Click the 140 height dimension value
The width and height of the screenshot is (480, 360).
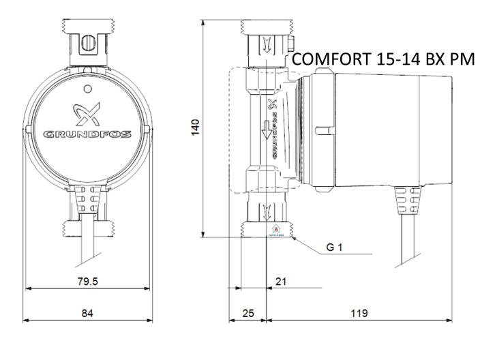point(195,127)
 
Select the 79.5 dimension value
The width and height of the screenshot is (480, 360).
point(87,282)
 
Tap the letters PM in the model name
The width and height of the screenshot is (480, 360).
point(462,60)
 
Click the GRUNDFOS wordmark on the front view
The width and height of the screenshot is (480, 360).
point(87,133)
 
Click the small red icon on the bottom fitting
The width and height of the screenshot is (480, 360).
point(276,230)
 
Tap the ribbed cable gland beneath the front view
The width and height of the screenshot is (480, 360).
point(87,202)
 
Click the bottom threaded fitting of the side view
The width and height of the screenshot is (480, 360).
point(267,217)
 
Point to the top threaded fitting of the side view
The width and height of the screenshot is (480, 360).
point(267,44)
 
